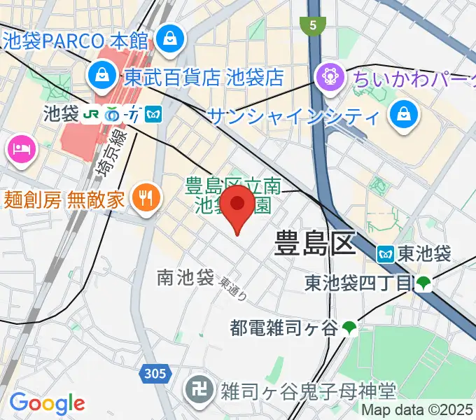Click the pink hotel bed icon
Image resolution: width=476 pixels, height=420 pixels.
click(19, 148)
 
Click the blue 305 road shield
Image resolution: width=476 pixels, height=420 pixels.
click(153, 374)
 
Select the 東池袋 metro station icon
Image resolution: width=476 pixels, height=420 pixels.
click(386, 253)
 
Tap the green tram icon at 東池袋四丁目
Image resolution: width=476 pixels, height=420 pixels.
click(423, 283)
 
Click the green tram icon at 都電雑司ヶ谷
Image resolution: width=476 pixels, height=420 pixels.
click(350, 326)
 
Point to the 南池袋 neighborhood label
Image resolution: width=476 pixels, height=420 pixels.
click(185, 278)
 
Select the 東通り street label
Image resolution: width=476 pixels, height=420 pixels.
click(232, 288)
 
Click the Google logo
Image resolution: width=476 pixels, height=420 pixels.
click(46, 402)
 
